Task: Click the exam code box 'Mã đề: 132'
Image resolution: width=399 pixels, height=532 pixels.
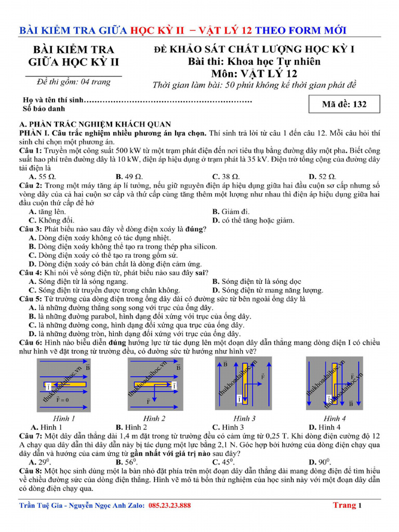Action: coord(343,104)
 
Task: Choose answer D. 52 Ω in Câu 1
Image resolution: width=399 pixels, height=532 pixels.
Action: coord(322,177)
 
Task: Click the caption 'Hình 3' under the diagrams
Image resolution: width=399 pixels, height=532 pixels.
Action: coord(244,419)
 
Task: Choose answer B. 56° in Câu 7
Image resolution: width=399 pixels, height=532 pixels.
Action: coord(126,462)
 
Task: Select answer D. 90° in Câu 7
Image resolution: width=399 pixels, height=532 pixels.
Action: coord(319,462)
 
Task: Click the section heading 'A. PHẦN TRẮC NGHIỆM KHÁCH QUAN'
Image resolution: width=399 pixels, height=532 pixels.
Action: coord(95,124)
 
